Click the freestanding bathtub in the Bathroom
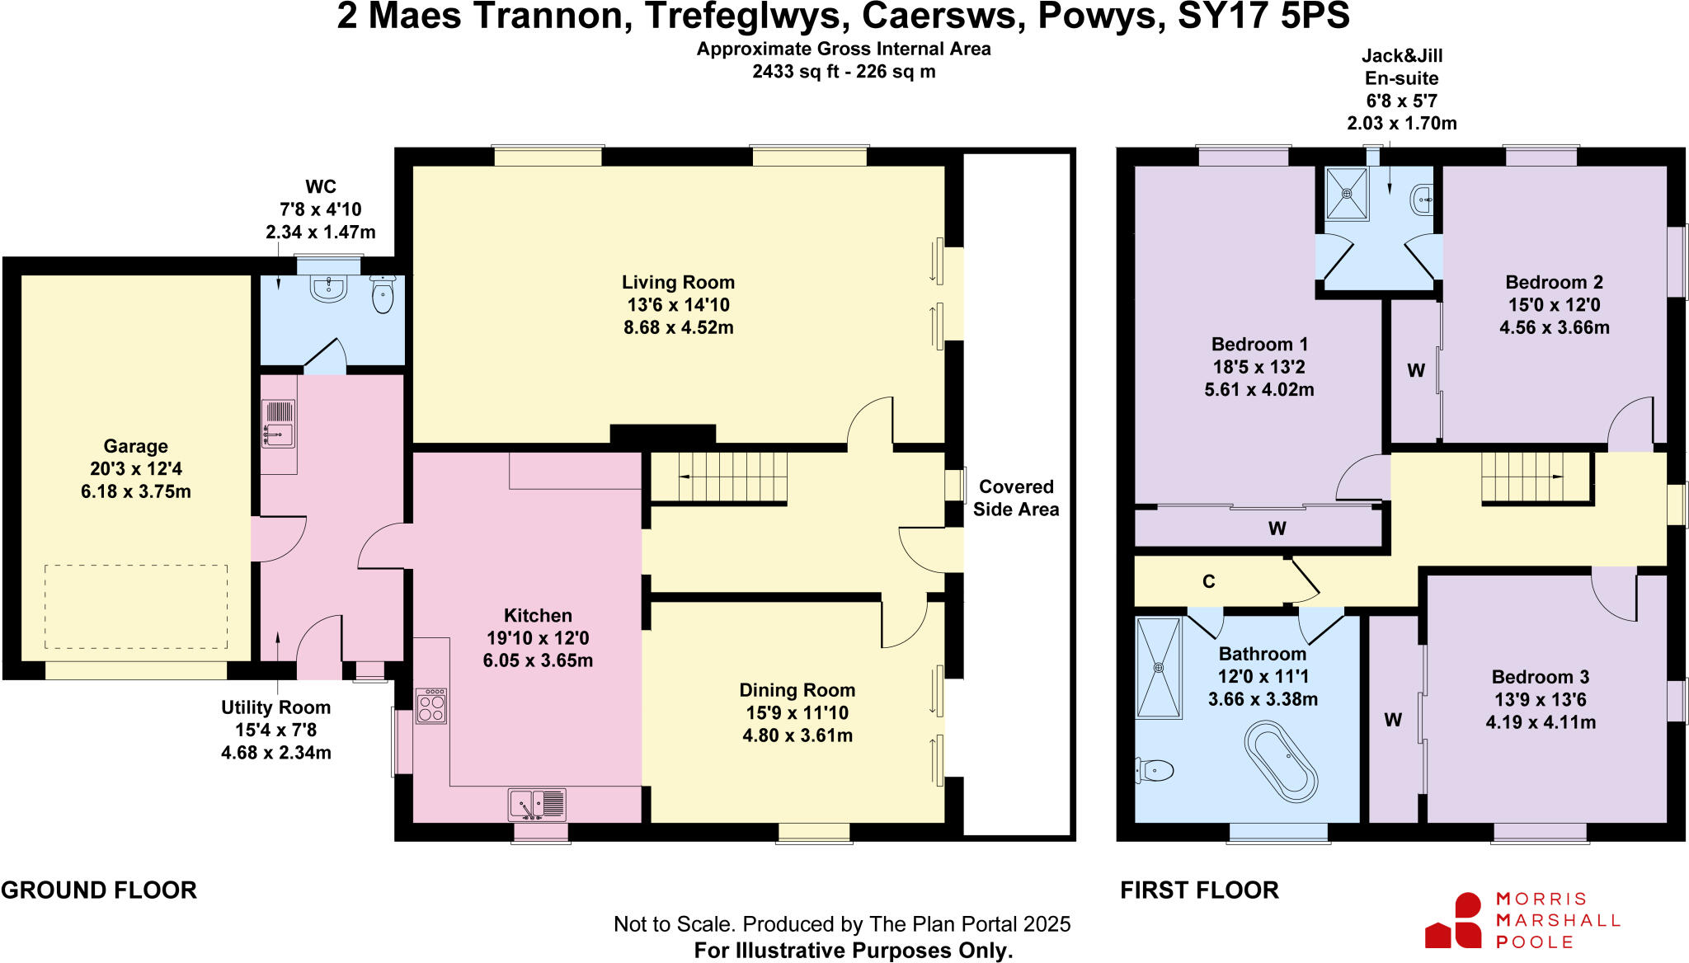(x=1281, y=762)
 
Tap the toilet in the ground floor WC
(x=382, y=294)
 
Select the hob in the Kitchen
(x=431, y=706)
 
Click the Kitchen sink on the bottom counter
(x=537, y=803)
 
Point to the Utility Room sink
(x=279, y=424)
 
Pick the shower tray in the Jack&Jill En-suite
(x=1347, y=194)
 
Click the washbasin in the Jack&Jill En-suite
(x=1422, y=200)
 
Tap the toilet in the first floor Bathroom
(x=1155, y=771)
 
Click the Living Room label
(x=678, y=282)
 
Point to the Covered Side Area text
(x=1016, y=498)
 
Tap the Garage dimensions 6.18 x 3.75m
(x=136, y=491)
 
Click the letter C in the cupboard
(x=1209, y=582)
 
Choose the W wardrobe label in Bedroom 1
(x=1277, y=528)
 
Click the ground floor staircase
(x=718, y=477)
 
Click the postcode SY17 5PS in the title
(x=1264, y=16)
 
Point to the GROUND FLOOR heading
(x=99, y=890)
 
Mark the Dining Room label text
(x=797, y=690)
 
